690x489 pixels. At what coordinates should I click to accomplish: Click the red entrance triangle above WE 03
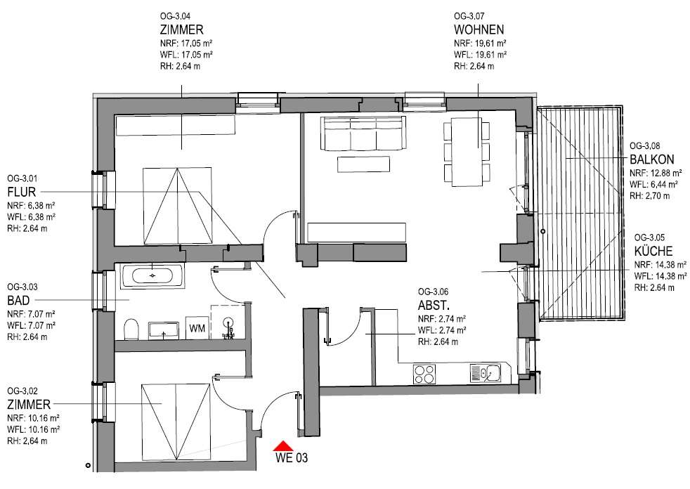click(283, 446)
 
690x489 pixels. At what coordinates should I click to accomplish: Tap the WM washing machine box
click(197, 328)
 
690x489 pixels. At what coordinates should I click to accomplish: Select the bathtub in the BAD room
click(152, 275)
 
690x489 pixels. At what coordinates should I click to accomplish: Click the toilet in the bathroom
click(131, 330)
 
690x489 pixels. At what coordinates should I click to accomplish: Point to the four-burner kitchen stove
click(424, 374)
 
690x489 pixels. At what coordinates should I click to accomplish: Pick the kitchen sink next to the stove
click(486, 374)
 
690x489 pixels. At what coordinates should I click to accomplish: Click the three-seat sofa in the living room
click(363, 133)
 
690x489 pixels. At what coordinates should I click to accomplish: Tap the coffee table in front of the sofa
click(363, 164)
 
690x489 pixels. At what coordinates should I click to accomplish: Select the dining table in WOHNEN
click(467, 152)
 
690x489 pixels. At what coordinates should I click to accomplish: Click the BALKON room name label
click(652, 159)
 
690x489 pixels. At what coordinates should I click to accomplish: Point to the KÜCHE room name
click(653, 251)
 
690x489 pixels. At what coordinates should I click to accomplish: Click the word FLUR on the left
click(22, 192)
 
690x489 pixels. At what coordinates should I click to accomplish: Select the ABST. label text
click(434, 305)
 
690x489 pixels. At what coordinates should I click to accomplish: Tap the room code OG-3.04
click(175, 17)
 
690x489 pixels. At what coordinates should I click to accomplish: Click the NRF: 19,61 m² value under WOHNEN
click(480, 43)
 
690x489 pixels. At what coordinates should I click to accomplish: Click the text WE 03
click(292, 458)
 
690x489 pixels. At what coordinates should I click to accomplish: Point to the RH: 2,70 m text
click(649, 196)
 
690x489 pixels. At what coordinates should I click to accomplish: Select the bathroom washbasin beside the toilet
click(164, 330)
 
